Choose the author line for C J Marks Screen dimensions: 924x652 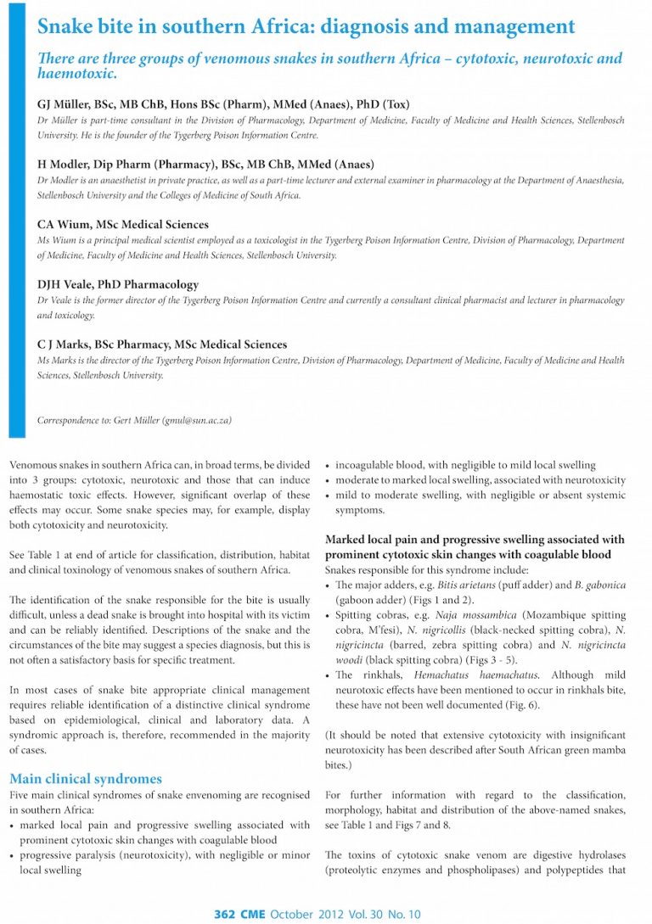click(x=162, y=345)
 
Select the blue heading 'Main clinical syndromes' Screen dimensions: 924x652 click(x=85, y=778)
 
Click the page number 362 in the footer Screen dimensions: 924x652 click(x=224, y=914)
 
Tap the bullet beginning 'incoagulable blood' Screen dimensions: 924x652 click(x=465, y=466)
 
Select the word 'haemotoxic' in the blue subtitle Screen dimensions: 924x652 click(x=73, y=75)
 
